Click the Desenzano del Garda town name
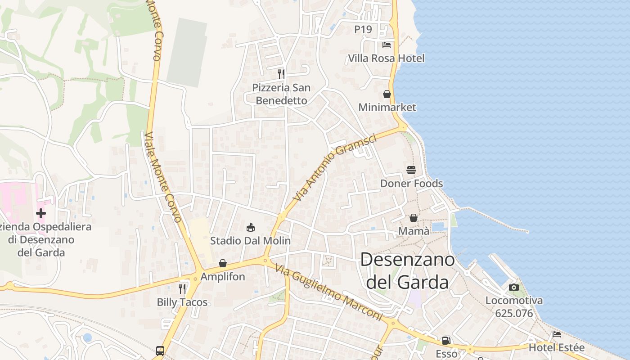coord(407,271)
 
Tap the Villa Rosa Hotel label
coord(386,58)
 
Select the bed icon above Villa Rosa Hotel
coord(387,45)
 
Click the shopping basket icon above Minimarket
coord(387,94)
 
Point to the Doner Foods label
coord(411,183)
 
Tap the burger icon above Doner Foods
coord(411,170)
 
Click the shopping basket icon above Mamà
coord(414,218)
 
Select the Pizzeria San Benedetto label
coord(281,94)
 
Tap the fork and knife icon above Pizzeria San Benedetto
coord(281,74)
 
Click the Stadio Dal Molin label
coord(251,241)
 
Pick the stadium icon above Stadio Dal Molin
coord(251,227)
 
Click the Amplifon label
coord(223,276)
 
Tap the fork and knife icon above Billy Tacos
coord(182,288)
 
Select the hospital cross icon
coord(41,213)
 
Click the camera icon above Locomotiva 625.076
coord(514,287)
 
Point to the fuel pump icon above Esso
coord(446,341)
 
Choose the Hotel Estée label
coord(557,347)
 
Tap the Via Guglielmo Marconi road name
coord(328,293)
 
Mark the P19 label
coord(363,29)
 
